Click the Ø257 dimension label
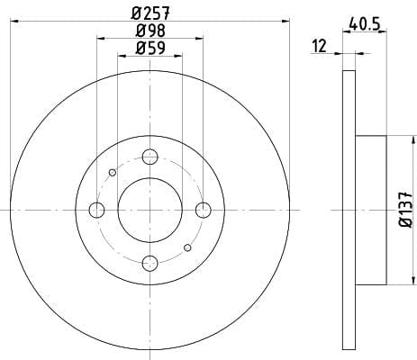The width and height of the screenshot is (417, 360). click(150, 13)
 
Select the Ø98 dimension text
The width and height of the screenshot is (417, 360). click(150, 31)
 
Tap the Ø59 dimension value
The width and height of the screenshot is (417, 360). click(150, 48)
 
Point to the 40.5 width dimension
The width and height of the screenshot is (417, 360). click(365, 23)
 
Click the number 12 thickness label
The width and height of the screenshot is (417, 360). click(319, 46)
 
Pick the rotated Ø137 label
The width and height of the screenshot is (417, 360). click(406, 209)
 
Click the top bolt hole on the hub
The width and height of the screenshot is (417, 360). click(150, 157)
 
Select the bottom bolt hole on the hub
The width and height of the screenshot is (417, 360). click(150, 263)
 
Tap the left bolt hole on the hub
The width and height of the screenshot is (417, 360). click(96, 210)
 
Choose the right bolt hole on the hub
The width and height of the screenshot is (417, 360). click(204, 210)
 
